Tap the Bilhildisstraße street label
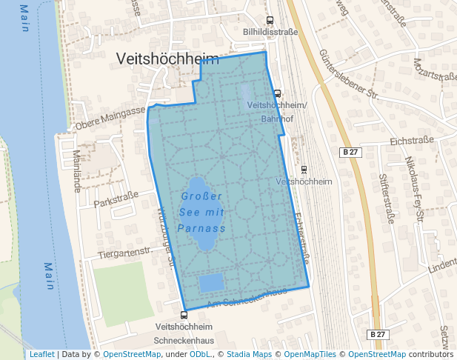point(270,33)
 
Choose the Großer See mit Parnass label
point(201,212)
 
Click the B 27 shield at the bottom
point(378,335)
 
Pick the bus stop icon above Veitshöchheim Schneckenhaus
point(184,315)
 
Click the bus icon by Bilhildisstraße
point(270,21)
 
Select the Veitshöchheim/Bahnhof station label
point(276,111)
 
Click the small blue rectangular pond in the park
point(211,282)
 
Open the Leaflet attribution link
point(41,354)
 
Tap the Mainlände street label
point(77,171)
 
